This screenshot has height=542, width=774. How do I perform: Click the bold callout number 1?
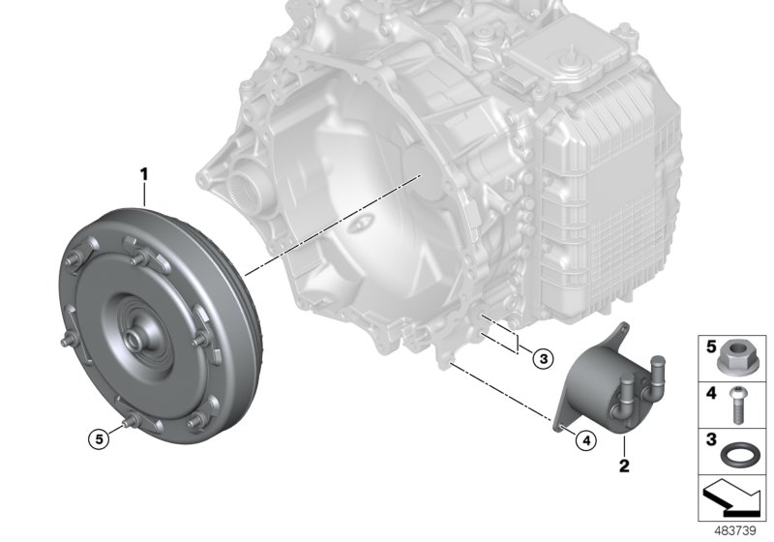click(x=143, y=174)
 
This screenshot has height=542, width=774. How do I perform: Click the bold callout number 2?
click(x=624, y=465)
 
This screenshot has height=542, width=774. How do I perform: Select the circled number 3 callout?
click(x=544, y=359)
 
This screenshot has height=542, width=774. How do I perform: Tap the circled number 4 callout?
click(x=586, y=439)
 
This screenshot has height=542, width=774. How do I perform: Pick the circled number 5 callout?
click(x=100, y=438)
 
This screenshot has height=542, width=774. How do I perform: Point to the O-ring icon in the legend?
click(x=737, y=454)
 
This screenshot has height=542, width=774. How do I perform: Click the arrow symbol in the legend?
click(x=732, y=497)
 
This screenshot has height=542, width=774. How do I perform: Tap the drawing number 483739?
click(x=735, y=531)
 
